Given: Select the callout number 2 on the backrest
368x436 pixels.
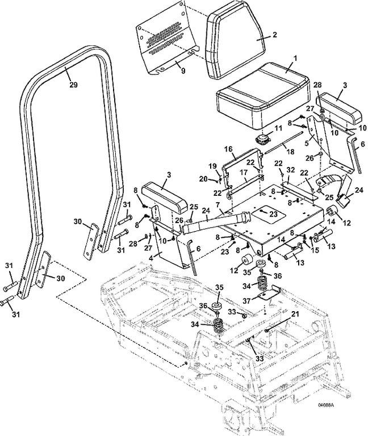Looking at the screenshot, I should (x=275, y=35).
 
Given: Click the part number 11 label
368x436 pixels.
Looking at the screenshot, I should (x=278, y=129).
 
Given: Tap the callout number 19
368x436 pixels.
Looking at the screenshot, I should (x=213, y=167).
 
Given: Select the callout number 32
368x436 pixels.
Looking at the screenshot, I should (x=291, y=169).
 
